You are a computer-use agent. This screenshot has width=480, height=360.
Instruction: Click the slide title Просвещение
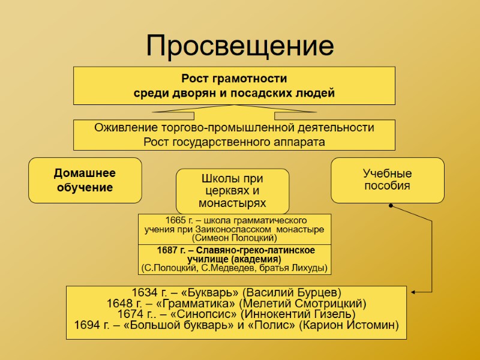click(239, 46)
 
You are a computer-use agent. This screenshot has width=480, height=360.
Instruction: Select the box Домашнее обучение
click(85, 180)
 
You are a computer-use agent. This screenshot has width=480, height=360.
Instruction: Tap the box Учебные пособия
click(388, 179)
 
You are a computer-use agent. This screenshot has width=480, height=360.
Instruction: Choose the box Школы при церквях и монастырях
click(232, 191)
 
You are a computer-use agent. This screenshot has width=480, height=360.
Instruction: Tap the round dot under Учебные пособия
click(390, 206)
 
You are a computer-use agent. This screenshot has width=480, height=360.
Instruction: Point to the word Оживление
click(126, 128)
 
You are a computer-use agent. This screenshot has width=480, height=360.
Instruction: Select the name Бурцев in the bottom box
click(317, 293)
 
